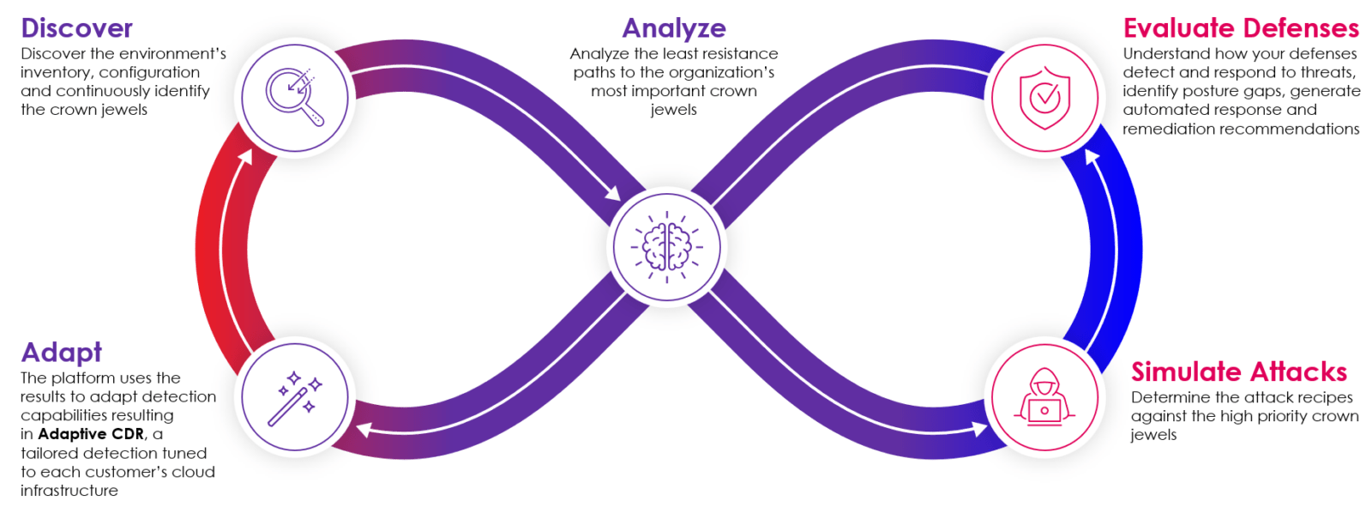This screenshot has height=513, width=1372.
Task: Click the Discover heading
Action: pyautogui.click(x=76, y=28)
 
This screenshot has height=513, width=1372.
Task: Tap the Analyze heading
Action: pyautogui.click(x=674, y=28)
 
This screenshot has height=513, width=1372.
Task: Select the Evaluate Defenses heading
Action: pyautogui.click(x=1240, y=28)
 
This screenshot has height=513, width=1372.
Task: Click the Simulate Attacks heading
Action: pyautogui.click(x=1238, y=371)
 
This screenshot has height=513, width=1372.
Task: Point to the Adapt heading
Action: pyautogui.click(x=61, y=353)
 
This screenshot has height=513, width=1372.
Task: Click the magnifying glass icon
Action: pyautogui.click(x=294, y=97)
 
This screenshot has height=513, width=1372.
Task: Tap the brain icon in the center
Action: pyautogui.click(x=667, y=247)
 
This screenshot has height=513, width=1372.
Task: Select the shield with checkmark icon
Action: pyautogui.click(x=1044, y=98)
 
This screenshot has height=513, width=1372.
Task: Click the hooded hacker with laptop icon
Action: pyautogui.click(x=1044, y=397)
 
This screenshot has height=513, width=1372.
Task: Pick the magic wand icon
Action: pyautogui.click(x=294, y=397)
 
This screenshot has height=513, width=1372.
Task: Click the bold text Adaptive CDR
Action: pyautogui.click(x=91, y=434)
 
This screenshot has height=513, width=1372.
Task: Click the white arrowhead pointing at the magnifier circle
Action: pyautogui.click(x=246, y=157)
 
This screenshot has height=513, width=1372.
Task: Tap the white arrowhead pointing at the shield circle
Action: pyautogui.click(x=1092, y=157)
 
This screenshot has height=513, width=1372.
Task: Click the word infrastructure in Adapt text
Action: pyautogui.click(x=69, y=491)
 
